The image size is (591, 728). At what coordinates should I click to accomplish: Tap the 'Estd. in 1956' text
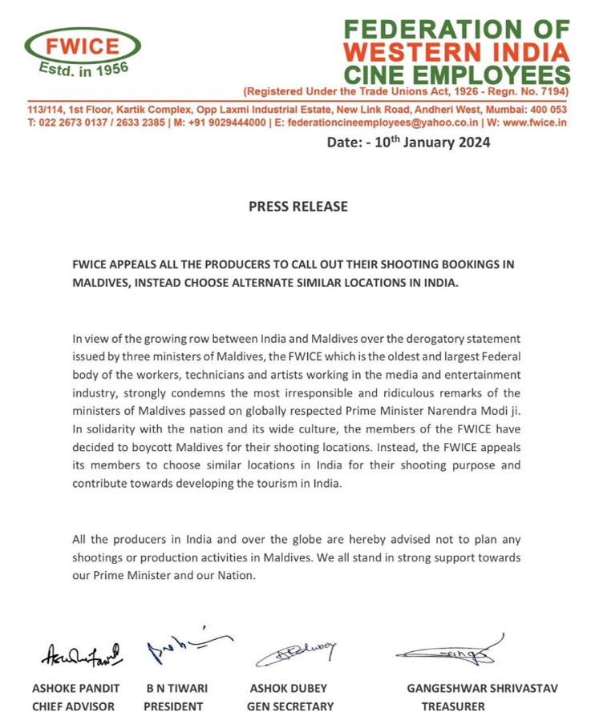tap(83, 70)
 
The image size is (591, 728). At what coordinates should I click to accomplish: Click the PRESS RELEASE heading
tap(298, 206)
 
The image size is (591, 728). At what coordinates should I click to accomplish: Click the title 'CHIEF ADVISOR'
tap(73, 706)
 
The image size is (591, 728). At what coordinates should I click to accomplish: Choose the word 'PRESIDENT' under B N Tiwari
tap(173, 706)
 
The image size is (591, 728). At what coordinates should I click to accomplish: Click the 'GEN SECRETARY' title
tap(290, 706)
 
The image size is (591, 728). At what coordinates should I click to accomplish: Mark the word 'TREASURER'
tap(453, 706)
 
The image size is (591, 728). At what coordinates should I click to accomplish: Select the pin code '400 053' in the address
tap(548, 109)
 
